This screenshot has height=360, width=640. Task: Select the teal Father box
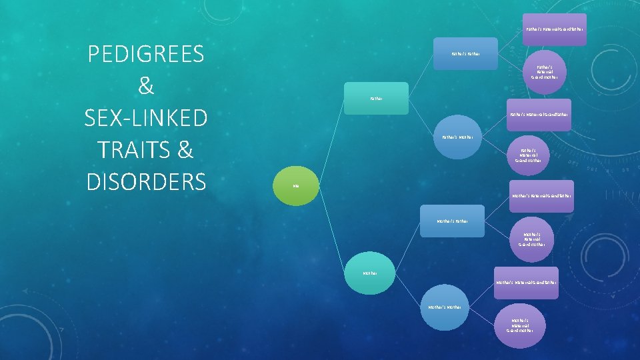(377, 99)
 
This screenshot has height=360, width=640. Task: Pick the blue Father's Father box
(466, 53)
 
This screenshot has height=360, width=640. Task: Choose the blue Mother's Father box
(452, 220)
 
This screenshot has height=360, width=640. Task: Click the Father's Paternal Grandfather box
(555, 29)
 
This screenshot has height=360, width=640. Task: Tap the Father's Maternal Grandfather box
(539, 115)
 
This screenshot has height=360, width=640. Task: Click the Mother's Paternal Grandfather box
(541, 196)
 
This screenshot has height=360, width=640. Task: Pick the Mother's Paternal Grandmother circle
(531, 239)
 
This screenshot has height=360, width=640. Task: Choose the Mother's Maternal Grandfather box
(527, 283)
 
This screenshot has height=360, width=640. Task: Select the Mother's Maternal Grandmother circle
(520, 325)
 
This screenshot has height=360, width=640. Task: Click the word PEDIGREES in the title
(145, 55)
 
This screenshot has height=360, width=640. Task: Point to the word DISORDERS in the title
(145, 181)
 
